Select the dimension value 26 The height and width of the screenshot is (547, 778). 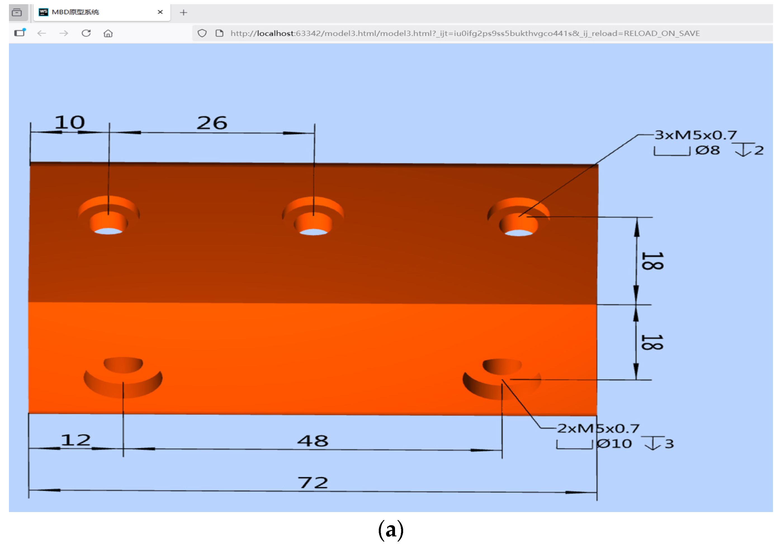(x=212, y=123)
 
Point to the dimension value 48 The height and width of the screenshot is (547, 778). (x=313, y=441)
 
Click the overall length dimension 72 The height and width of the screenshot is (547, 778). (x=313, y=483)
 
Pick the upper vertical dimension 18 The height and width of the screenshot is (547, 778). (x=652, y=261)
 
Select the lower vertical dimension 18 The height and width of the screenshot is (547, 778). (x=652, y=342)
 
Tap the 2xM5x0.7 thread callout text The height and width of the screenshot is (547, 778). (x=598, y=429)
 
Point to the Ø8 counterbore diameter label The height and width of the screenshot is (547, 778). (x=708, y=150)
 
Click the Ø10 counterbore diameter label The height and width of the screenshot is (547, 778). (x=614, y=444)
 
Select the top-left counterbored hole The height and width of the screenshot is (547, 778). (x=108, y=217)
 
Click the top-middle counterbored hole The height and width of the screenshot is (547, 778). (x=313, y=218)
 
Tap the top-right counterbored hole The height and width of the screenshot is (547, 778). (x=519, y=219)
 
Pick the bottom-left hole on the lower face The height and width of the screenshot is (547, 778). (x=123, y=376)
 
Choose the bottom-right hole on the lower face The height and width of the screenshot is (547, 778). (x=502, y=378)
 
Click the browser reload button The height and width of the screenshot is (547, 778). (x=86, y=33)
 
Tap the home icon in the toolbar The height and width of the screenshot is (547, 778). (x=108, y=33)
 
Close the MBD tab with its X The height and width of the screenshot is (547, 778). (x=160, y=12)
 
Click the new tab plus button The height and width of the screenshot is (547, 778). (x=183, y=13)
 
